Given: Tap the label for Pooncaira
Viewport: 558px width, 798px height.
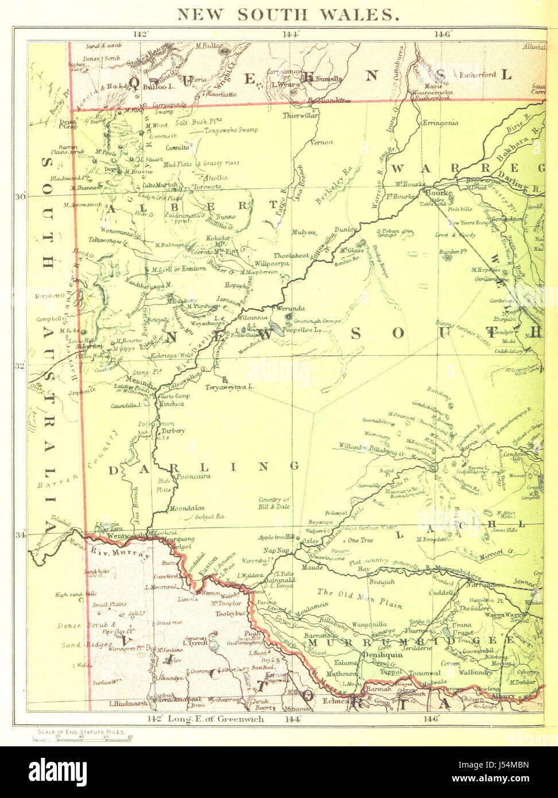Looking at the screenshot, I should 193,476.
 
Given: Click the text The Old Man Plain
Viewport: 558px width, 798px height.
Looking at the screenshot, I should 360,598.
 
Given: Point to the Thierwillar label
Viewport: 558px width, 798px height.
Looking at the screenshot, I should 300,115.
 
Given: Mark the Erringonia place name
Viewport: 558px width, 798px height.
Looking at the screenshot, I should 440,123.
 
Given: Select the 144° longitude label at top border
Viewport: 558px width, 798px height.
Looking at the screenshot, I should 291,34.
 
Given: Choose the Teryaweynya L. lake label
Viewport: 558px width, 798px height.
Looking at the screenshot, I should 230,387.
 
